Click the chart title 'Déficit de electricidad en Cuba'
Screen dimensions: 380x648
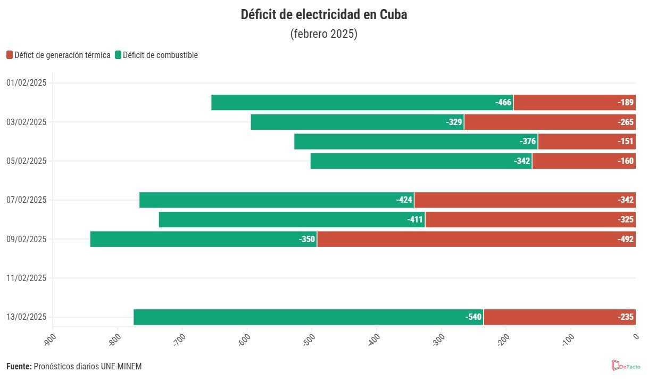(x=323, y=14)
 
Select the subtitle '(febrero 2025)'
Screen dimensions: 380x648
(x=323, y=34)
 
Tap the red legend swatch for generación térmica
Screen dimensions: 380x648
(x=10, y=55)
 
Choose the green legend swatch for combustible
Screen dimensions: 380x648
(x=118, y=55)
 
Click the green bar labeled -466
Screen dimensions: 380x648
(x=362, y=102)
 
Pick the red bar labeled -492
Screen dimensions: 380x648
(x=476, y=239)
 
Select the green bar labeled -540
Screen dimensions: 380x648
(x=309, y=317)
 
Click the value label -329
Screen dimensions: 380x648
(x=454, y=122)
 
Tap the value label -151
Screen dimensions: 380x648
(x=626, y=142)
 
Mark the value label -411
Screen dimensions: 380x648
(x=415, y=219)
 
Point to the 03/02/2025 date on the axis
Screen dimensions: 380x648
(x=27, y=122)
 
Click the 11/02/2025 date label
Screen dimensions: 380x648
(x=27, y=278)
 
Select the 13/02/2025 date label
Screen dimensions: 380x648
(x=27, y=317)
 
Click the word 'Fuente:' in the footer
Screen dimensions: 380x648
(x=19, y=367)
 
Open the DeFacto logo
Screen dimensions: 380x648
(x=626, y=366)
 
